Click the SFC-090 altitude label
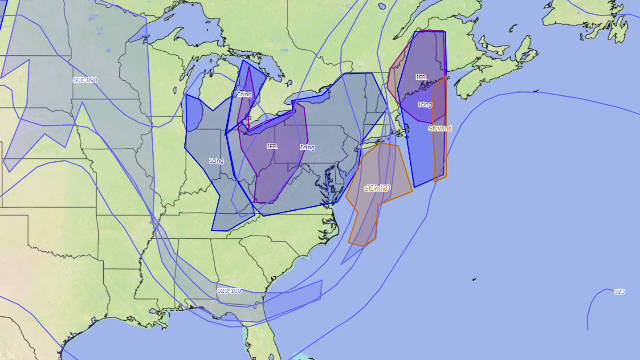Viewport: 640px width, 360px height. coord(85,80)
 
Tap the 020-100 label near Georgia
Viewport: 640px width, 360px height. coord(229,291)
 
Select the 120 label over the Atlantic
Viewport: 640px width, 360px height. coord(619,292)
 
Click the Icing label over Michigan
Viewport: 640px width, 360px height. coord(245,94)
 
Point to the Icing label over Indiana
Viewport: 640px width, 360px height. coord(216,161)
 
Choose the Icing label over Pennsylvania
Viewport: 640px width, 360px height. coord(307,147)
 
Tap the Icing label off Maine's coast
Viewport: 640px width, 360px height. coord(425,105)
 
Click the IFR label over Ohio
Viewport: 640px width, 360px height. coord(272,147)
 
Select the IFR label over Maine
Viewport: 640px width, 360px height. coord(421,78)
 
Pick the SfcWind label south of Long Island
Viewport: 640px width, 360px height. coord(376,189)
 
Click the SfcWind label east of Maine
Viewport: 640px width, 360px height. coord(440,129)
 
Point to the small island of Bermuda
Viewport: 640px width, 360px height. coord(474,280)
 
